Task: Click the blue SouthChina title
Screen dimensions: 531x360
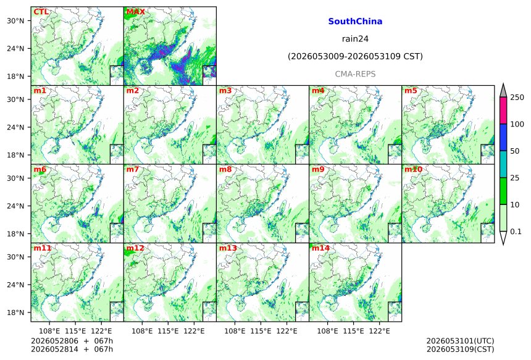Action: (355, 22)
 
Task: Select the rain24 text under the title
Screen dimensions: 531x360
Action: (355, 39)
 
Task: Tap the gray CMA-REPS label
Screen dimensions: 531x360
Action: (355, 74)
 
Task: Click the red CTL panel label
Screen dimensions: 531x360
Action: (41, 12)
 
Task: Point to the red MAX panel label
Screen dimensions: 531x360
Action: (135, 12)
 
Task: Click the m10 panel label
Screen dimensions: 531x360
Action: (413, 169)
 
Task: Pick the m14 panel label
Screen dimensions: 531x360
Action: (320, 248)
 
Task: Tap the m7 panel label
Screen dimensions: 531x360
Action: (133, 169)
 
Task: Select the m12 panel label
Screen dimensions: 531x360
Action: (135, 248)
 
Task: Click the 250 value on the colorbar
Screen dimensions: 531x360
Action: (517, 98)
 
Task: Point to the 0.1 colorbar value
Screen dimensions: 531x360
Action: (516, 232)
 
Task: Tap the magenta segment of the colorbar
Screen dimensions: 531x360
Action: (503, 111)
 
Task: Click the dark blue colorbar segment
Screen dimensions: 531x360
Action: (503, 137)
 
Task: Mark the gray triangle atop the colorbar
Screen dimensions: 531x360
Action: (503, 91)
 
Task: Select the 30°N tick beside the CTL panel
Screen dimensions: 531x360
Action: (15, 20)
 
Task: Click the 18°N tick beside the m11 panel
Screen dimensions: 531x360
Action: (15, 312)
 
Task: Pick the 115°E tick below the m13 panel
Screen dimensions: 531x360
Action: (261, 330)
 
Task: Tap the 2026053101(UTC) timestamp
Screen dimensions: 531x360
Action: (460, 341)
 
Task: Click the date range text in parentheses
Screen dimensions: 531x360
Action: (355, 56)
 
